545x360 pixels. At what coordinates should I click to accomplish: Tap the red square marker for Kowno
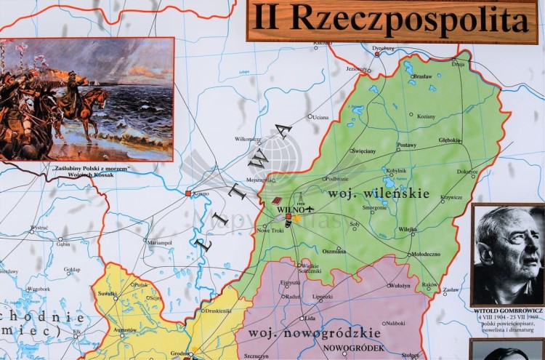point(188,193)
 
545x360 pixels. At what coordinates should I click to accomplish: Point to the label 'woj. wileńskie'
point(378,193)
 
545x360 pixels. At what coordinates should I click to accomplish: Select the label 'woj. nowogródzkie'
point(314,333)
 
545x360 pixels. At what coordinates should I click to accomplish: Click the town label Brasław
point(421,76)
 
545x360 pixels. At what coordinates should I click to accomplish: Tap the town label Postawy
point(407,145)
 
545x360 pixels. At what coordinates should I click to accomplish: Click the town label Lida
point(310,318)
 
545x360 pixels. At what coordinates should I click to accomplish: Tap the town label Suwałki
point(107,293)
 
